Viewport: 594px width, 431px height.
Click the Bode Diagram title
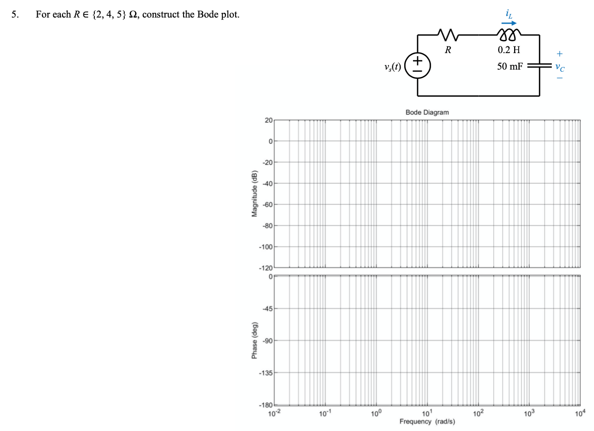click(427, 112)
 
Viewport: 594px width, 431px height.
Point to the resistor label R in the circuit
click(448, 50)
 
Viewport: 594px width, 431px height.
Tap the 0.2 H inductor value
click(509, 50)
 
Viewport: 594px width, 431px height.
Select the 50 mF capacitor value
click(509, 67)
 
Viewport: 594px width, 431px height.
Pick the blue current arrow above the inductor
click(509, 23)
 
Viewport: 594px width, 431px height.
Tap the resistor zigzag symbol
click(448, 35)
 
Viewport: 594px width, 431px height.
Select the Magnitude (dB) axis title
click(254, 194)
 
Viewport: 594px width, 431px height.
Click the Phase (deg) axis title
click(254, 341)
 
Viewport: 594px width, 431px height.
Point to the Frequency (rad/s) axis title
click(427, 422)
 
